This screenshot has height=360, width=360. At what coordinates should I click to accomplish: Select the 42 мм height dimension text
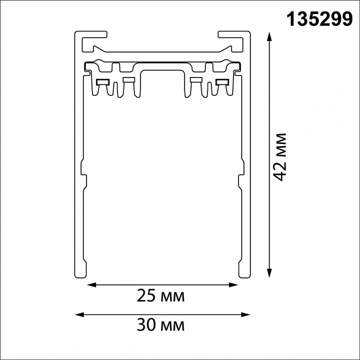coord(280,156)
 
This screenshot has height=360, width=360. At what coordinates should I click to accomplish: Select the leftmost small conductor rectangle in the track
coord(104,81)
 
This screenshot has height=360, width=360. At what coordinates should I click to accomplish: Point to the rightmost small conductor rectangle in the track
coord(220,81)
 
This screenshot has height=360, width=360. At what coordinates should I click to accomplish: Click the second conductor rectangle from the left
coord(128,79)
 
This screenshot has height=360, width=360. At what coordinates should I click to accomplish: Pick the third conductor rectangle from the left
coord(196,79)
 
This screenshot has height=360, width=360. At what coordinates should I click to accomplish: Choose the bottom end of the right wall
coord(244,275)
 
